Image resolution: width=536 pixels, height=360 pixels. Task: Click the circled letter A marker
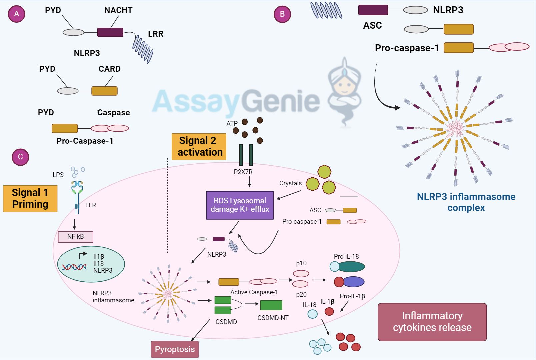tap(17, 14)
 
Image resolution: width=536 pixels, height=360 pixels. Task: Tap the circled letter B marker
tap(282, 14)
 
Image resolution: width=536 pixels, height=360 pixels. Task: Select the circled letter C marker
tap(20, 157)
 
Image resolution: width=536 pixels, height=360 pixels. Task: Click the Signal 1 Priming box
tap(30, 199)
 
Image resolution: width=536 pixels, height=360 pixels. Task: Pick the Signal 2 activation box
tap(199, 147)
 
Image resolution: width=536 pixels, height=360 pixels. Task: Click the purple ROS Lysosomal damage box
tap(240, 205)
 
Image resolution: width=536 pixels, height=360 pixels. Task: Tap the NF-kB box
tap(76, 237)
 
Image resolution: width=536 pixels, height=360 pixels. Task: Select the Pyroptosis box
tap(175, 349)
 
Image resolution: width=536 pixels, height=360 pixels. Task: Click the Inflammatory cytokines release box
tap(432, 322)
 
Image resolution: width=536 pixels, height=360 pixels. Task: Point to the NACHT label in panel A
tap(118, 10)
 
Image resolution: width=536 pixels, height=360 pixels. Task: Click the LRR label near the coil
tap(156, 34)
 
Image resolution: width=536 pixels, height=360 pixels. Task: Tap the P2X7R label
tap(243, 172)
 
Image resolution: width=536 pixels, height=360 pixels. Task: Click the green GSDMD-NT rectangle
tap(271, 305)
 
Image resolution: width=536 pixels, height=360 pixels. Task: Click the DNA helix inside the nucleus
tap(74, 267)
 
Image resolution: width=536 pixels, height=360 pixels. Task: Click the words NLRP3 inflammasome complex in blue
tap(466, 202)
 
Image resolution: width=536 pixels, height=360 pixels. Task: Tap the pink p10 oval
tap(301, 274)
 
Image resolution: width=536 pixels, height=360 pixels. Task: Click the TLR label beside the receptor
tap(90, 205)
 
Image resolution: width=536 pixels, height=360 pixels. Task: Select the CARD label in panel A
tap(109, 69)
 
